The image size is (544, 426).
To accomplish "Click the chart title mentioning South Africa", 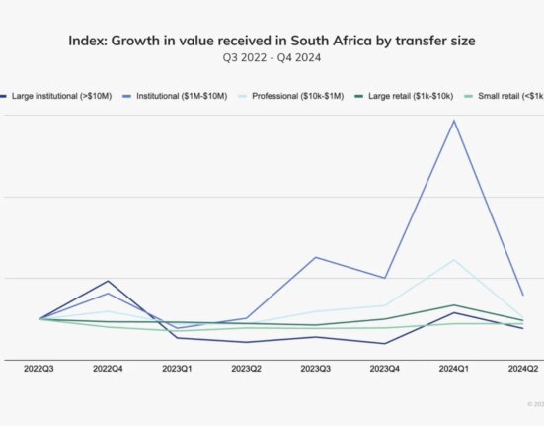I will (272, 41).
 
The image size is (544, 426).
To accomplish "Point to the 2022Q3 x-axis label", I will (39, 368).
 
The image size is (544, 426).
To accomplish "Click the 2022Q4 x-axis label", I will (108, 368).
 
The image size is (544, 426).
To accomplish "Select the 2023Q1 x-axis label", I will (177, 368).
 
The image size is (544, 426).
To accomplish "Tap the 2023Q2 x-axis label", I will (246, 368).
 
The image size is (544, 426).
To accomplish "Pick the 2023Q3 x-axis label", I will (315, 368).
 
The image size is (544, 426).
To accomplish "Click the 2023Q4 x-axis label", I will (384, 368).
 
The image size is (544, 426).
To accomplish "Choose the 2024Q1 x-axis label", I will (453, 368).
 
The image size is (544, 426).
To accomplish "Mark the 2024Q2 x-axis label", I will (522, 368).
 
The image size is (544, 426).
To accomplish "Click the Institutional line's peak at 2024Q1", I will (453, 121).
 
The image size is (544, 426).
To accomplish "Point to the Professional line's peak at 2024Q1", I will (453, 260).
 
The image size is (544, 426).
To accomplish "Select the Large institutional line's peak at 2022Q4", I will (108, 281).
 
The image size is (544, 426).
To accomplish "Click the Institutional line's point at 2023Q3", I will (315, 257).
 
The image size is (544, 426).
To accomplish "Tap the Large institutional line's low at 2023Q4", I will (384, 344).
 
